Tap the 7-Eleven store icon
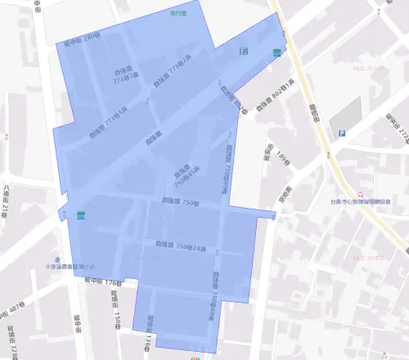coord(243,51)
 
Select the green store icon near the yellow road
coord(278,52)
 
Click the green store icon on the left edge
coord(80,215)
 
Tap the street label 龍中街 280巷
coord(81,38)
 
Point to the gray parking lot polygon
coord(345,115)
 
